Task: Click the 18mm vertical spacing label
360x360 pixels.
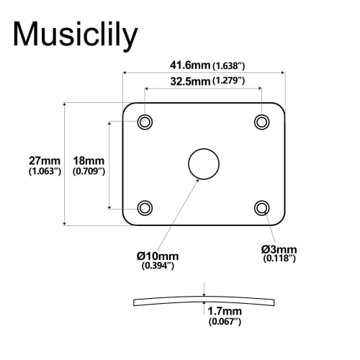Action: click(x=90, y=160)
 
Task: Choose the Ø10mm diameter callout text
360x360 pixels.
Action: click(x=158, y=256)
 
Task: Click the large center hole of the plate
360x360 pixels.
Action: click(x=203, y=164)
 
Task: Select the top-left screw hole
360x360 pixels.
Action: click(x=145, y=122)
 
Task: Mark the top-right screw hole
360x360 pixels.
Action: click(x=261, y=122)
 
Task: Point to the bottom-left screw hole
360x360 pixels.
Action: click(x=145, y=208)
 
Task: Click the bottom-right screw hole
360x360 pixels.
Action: click(x=261, y=208)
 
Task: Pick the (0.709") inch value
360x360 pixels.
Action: click(x=90, y=172)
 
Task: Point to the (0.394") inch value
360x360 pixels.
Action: click(x=158, y=266)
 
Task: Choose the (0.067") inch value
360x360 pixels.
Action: click(x=224, y=322)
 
